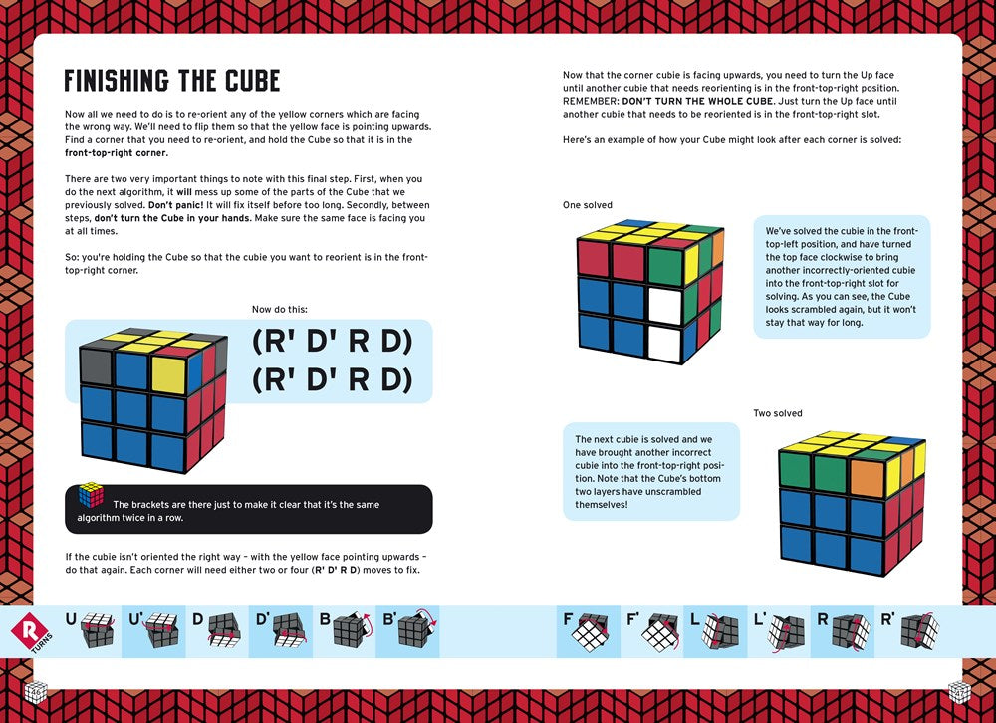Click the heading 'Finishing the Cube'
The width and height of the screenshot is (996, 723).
click(171, 80)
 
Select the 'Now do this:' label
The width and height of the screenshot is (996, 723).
click(280, 310)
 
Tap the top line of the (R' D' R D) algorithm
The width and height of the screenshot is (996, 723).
click(332, 341)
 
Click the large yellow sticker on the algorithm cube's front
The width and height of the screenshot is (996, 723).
click(170, 373)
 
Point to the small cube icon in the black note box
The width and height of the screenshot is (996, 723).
click(92, 495)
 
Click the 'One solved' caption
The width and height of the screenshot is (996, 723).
click(588, 205)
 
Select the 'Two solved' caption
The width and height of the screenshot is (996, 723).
click(777, 413)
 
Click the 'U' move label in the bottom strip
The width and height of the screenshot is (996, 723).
click(71, 619)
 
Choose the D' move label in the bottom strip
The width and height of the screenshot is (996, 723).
click(262, 619)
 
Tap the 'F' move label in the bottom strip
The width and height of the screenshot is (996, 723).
click(568, 619)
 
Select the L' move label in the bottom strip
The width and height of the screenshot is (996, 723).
click(760, 619)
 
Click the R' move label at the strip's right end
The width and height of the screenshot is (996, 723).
click(885, 619)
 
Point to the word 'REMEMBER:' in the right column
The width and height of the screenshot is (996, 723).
click(592, 102)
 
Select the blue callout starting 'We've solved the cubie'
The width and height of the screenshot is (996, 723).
click(841, 276)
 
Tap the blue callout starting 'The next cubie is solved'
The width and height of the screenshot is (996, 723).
click(650, 471)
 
